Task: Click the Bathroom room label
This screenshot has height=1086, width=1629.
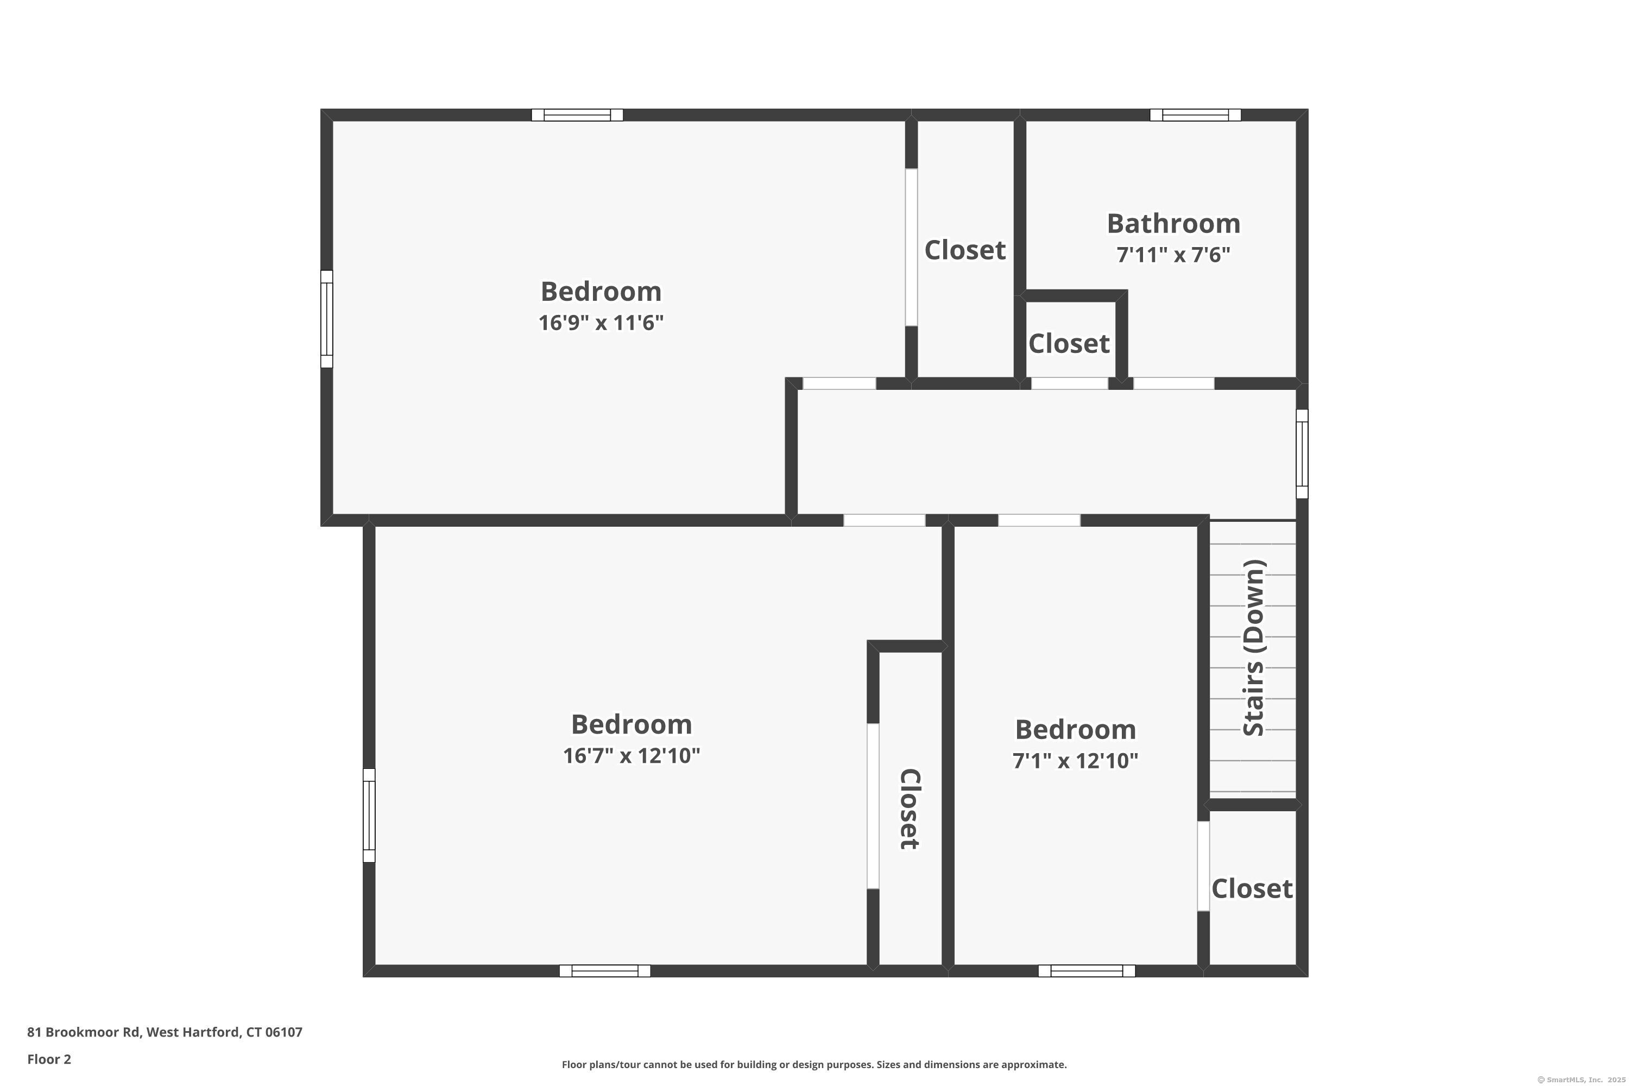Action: click(1173, 224)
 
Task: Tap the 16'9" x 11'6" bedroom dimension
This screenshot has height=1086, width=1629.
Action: click(601, 323)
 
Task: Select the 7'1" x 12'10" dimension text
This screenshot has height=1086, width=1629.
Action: click(1075, 761)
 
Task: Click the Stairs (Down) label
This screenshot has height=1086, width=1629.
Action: click(1254, 648)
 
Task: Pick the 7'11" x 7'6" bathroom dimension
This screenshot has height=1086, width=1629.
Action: click(1173, 255)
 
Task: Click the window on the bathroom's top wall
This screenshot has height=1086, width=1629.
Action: click(1196, 115)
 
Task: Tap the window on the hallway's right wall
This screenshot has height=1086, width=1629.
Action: click(1302, 453)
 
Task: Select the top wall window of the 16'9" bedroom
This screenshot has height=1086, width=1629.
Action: click(577, 115)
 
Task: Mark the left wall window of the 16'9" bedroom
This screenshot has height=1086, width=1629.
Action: click(327, 319)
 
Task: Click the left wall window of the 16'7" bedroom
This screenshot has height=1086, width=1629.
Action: click(369, 815)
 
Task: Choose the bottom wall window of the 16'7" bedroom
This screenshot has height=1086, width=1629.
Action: click(605, 971)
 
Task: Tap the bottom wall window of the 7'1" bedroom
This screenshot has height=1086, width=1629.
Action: click(1087, 971)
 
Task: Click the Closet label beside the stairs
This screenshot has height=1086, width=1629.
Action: click(1252, 888)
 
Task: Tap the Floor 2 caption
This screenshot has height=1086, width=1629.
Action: click(49, 1059)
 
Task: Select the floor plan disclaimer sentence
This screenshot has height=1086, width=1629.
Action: click(814, 1064)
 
